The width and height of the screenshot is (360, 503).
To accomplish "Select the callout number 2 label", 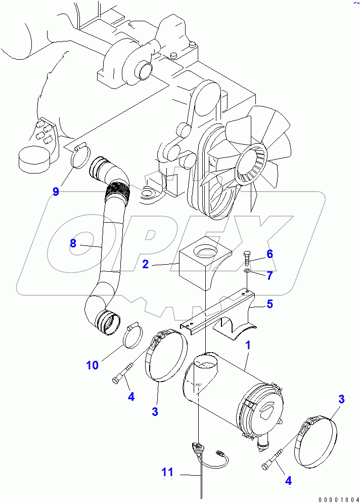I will click(x=145, y=264).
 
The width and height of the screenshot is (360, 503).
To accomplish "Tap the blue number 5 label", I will click(x=270, y=304).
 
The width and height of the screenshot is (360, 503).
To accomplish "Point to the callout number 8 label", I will click(x=73, y=243).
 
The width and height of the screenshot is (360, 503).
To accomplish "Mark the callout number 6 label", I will click(x=270, y=254).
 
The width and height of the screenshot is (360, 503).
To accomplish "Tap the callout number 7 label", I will click(x=270, y=275).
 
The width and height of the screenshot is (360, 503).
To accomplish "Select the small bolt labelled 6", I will click(x=246, y=258).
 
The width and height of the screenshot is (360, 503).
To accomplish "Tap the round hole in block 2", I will click(x=205, y=249).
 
